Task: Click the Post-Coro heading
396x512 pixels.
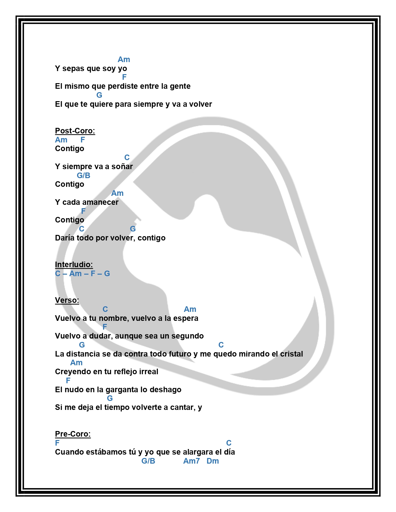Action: [75, 131]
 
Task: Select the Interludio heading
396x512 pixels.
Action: [74, 265]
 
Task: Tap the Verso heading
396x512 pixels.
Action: [67, 300]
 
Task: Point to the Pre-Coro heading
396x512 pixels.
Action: [73, 434]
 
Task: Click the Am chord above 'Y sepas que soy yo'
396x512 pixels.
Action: [124, 60]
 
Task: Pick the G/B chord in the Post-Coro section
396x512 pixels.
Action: [84, 176]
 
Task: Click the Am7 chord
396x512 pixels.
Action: [191, 461]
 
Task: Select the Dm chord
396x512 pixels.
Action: [213, 461]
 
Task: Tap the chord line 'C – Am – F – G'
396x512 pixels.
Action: [82, 274]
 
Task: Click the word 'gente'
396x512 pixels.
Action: [180, 87]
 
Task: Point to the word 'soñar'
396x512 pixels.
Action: [122, 167]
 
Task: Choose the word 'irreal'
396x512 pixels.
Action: [148, 372]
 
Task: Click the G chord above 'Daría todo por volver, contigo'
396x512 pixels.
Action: [133, 229]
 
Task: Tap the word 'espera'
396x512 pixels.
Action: [186, 318]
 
